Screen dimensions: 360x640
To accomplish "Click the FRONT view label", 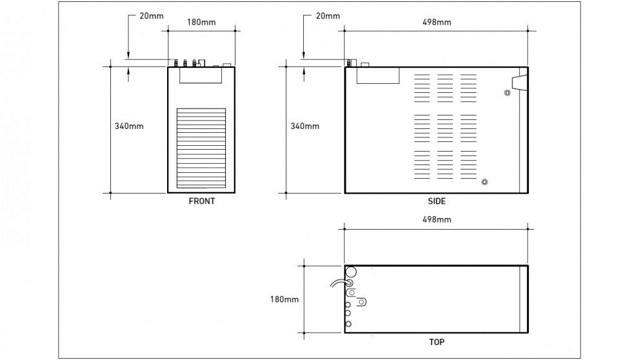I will (201, 201).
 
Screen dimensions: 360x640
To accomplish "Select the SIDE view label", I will (437, 201).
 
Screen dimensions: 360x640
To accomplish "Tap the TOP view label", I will (436, 342).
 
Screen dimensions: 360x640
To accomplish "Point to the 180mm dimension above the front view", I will (201, 23).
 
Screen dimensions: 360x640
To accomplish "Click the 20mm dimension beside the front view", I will (152, 15).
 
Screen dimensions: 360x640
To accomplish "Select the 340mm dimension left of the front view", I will (129, 126).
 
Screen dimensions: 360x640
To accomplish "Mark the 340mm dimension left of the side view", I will (305, 126).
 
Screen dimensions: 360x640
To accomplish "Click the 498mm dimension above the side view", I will (437, 22).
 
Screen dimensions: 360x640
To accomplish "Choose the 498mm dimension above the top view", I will (437, 219).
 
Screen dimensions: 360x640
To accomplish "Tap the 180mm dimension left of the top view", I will (285, 299).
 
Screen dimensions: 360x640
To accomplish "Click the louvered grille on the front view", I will (201, 147).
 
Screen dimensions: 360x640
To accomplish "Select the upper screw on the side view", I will (507, 93).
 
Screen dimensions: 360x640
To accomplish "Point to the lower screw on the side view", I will (485, 182).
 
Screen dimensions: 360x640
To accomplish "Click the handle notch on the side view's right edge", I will (519, 83).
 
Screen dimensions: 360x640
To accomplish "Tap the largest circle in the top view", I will (351, 272).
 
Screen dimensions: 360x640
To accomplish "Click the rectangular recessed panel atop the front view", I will (201, 75).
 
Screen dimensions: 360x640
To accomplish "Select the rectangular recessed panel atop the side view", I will (378, 75).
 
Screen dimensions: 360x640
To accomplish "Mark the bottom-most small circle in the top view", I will (348, 323).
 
